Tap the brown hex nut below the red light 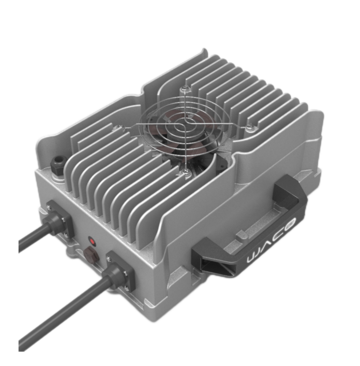[90, 255]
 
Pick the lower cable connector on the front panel [120, 271]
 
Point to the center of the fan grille [184, 128]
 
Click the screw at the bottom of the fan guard [185, 170]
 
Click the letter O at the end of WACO [292, 222]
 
